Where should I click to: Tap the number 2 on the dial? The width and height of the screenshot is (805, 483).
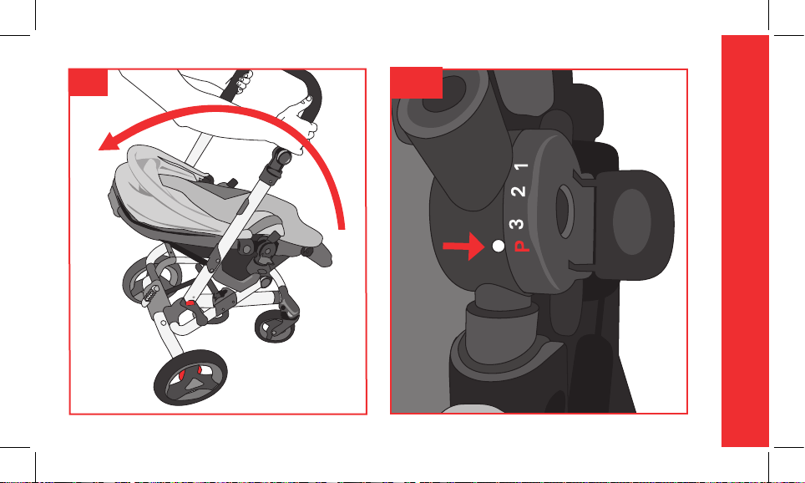click(519, 191)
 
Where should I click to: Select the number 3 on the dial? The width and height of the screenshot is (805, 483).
click(516, 224)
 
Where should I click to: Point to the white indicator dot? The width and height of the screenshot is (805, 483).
click(498, 247)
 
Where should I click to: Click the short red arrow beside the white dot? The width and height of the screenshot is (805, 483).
click(463, 247)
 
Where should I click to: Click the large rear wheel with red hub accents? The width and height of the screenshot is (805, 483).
click(190, 378)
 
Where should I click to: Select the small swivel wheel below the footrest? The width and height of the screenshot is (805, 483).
click(276, 327)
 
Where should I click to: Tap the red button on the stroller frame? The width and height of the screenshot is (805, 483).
click(190, 303)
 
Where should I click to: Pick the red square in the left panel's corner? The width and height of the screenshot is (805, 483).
click(89, 82)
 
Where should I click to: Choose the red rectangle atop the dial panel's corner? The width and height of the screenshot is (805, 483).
click(417, 82)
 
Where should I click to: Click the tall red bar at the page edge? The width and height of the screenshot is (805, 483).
click(745, 241)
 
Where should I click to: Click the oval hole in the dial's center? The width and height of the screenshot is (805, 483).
click(565, 212)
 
